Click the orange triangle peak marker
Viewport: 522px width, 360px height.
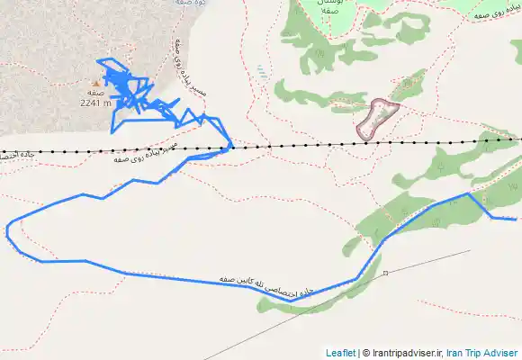pyautogui.click(x=96, y=83)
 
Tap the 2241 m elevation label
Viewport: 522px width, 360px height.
pyautogui.click(x=94, y=103)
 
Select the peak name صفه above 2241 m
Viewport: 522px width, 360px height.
pyautogui.click(x=96, y=93)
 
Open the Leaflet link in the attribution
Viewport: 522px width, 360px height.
pyautogui.click(x=340, y=353)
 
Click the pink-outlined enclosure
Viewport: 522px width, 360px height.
pyautogui.click(x=378, y=118)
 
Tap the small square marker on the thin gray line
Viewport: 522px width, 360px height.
pyautogui.click(x=384, y=273)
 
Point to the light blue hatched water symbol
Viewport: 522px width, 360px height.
pyautogui.click(x=261, y=71)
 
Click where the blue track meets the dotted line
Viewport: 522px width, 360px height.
pyautogui.click(x=232, y=145)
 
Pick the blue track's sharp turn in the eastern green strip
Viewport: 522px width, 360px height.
pyautogui.click(x=469, y=193)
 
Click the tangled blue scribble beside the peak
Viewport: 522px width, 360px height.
pyautogui.click(x=130, y=90)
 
